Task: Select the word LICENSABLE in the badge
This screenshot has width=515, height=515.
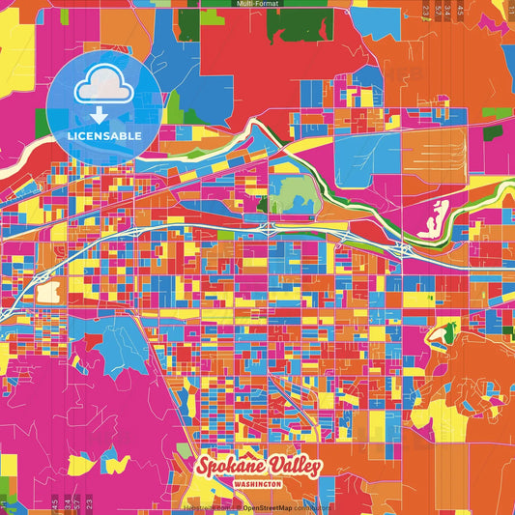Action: [104, 136]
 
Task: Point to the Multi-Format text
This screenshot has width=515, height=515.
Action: [257, 4]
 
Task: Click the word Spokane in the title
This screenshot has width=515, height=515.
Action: [227, 466]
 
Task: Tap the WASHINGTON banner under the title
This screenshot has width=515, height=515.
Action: [257, 483]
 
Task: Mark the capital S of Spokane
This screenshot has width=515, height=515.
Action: [204, 466]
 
